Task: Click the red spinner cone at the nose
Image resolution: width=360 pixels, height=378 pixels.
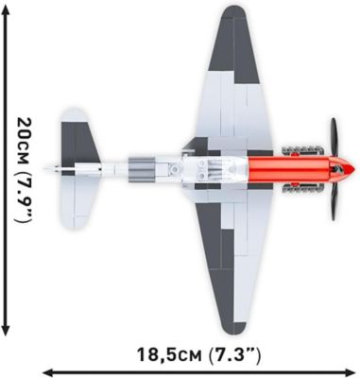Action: click(x=344, y=169)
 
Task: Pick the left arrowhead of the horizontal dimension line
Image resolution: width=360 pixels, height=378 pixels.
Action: click(x=43, y=371)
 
